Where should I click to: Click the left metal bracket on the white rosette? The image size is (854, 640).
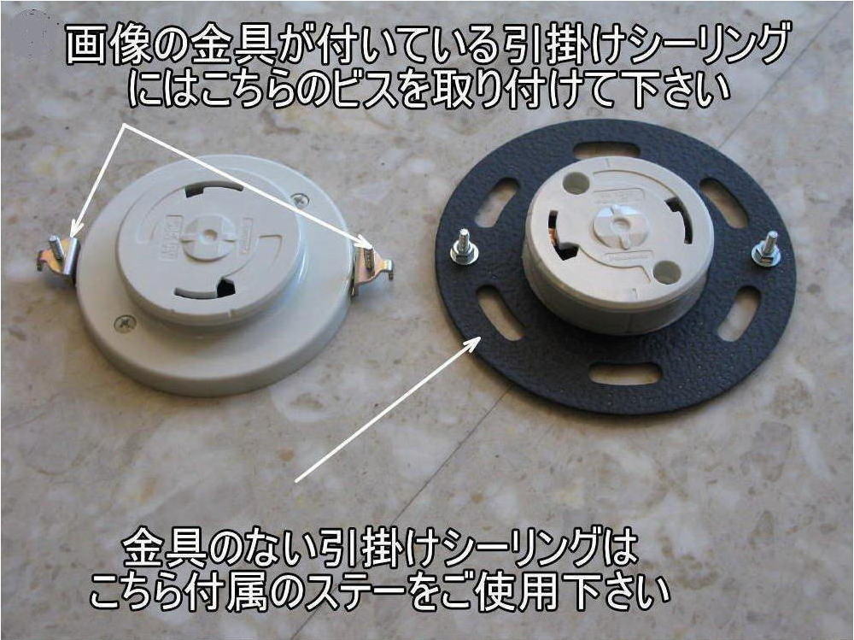(57, 255)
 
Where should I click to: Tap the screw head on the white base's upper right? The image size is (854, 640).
(300, 199)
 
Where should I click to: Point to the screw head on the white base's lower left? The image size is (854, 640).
(125, 323)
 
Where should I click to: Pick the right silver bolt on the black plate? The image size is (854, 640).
(765, 250)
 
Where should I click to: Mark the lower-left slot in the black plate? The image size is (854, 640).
(500, 313)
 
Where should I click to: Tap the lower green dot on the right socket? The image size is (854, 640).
(668, 272)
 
